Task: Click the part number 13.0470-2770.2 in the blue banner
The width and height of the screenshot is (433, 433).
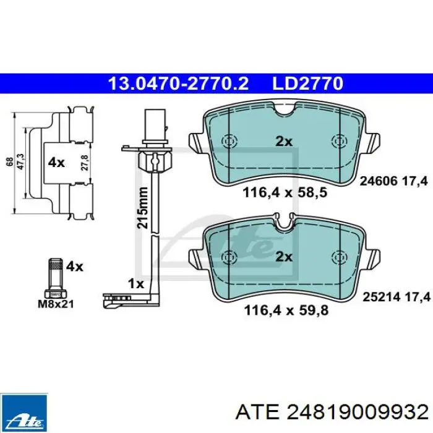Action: click(179, 84)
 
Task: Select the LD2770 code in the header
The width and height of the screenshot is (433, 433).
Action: click(307, 84)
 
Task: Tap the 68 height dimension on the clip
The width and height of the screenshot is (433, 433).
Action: click(9, 162)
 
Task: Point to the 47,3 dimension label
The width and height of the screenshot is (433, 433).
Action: click(21, 161)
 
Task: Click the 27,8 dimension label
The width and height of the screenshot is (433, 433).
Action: click(85, 163)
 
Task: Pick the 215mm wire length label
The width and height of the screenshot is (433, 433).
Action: click(142, 208)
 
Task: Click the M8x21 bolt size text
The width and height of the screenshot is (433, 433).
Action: click(56, 304)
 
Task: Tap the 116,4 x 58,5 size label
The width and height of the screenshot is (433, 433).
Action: click(285, 192)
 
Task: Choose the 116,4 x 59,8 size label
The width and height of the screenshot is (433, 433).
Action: click(286, 311)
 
